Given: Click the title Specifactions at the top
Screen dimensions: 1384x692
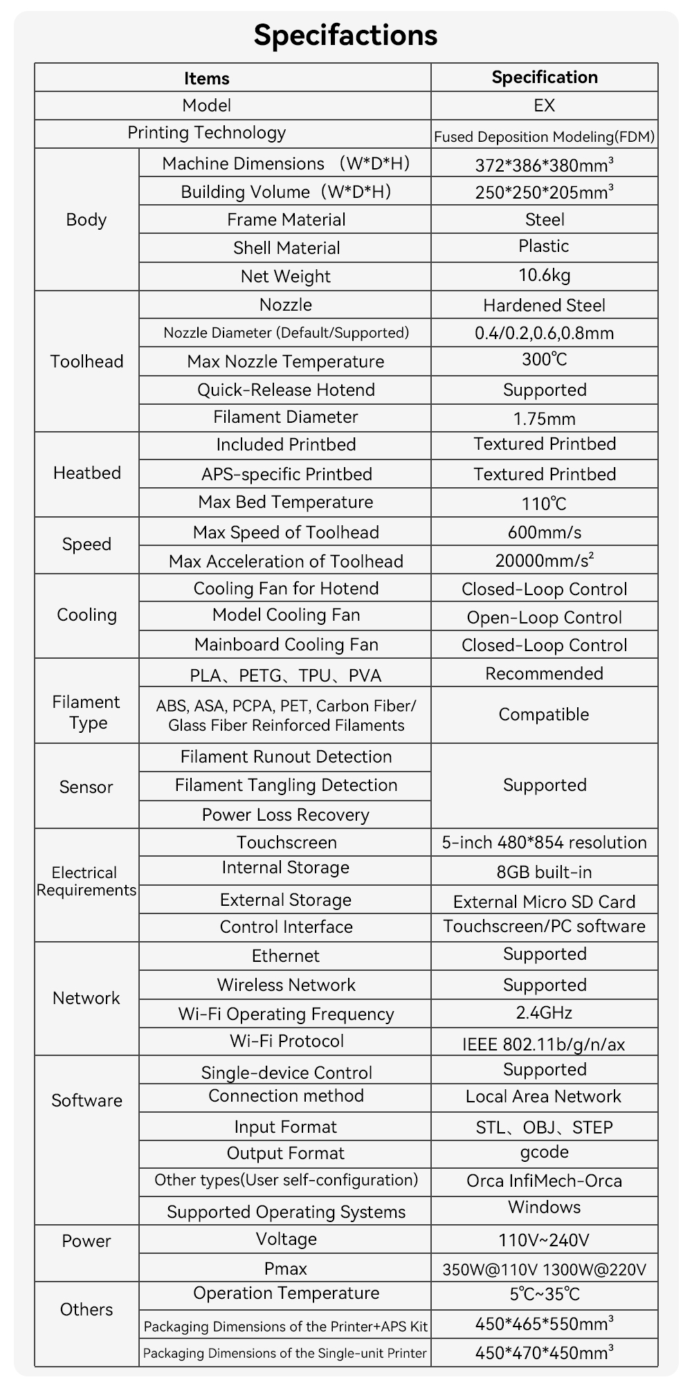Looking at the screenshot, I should pos(345,35).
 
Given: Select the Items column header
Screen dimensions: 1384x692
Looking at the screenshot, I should pos(206,78).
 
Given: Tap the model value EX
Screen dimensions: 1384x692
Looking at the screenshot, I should pos(545,105).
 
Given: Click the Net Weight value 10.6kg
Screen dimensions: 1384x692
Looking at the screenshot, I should pos(545,275).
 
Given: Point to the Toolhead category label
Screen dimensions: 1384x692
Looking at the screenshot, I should pos(86,361).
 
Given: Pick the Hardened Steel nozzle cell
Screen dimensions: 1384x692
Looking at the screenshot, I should pos(545,305).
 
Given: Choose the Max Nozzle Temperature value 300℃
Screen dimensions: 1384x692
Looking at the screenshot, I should pos(545,360).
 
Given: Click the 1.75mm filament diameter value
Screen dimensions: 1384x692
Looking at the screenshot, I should pos(545,419).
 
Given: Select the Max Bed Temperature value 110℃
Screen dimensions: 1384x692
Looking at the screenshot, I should pos(545,503).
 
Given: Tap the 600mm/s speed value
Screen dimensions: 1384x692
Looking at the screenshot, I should pos(545,532).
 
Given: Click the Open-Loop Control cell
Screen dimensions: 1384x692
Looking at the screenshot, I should pos(545,617).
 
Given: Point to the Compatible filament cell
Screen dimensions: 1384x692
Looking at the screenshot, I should pos(545,714).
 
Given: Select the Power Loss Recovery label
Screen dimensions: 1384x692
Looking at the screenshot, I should pos(286,814).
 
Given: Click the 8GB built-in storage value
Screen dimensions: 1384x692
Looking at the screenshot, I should pos(545,872).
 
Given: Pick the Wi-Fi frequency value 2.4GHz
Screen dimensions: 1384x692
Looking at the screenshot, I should pos(545,1013).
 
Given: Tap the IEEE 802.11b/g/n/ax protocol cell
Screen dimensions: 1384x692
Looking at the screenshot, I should pos(545,1044).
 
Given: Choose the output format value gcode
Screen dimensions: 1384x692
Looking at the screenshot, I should pos(545,1152).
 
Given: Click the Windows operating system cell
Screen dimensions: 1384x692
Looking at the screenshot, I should pos(545,1208).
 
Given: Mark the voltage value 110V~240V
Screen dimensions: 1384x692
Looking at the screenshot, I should pos(545,1239).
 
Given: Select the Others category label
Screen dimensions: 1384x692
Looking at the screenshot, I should pos(86,1309).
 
